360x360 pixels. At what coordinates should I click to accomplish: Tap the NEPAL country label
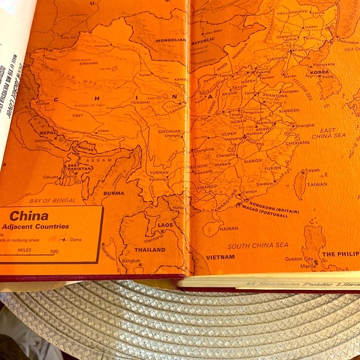(48, 133)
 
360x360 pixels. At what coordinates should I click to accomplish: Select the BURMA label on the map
(114, 192)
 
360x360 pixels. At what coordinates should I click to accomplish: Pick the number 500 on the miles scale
(55, 251)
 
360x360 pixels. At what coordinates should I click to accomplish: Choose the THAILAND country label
(150, 250)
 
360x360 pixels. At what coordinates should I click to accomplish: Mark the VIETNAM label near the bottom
(220, 256)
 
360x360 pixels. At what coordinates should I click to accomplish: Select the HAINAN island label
(228, 228)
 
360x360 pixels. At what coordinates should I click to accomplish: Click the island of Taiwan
(300, 184)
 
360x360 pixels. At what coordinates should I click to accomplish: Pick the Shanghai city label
(305, 125)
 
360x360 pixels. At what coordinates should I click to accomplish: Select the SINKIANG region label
(70, 63)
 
